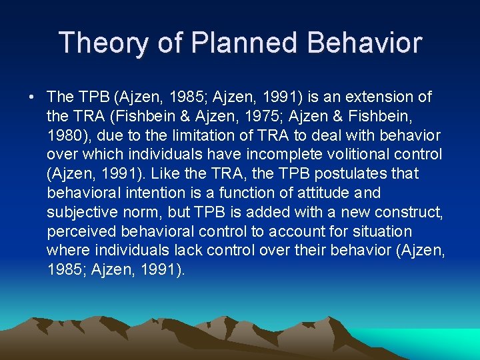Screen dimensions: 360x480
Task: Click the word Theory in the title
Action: tap(101, 43)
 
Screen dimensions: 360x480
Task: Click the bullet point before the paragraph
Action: tap(32, 97)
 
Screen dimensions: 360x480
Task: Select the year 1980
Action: tap(65, 136)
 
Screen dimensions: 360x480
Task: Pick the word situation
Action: tap(385, 232)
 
